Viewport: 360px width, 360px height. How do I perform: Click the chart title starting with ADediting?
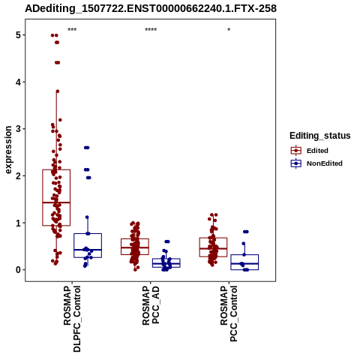click(x=151, y=8)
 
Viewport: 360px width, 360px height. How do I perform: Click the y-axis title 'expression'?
click(x=8, y=150)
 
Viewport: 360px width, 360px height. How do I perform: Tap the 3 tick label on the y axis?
click(x=19, y=129)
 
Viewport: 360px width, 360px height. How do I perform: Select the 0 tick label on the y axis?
click(x=19, y=270)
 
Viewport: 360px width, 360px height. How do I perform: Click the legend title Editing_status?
click(x=320, y=136)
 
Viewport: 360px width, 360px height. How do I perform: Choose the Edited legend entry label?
click(x=317, y=151)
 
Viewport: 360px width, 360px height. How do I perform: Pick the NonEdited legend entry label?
click(x=325, y=163)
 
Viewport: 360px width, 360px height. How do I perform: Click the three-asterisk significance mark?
click(x=72, y=30)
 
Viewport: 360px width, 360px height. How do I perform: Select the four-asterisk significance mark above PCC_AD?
click(x=151, y=30)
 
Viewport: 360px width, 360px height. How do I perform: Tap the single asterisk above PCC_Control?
click(x=229, y=30)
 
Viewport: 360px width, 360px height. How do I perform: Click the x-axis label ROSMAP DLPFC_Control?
click(x=72, y=319)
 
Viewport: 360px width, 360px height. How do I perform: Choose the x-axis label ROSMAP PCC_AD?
click(x=151, y=305)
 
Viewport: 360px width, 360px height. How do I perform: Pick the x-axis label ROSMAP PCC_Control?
click(x=229, y=313)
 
